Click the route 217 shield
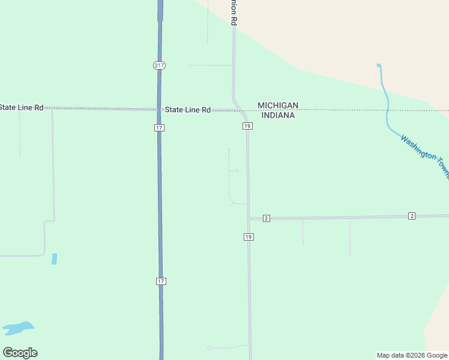pyautogui.click(x=158, y=65)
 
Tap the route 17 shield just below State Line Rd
pyautogui.click(x=158, y=128)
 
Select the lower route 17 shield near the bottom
pyautogui.click(x=160, y=281)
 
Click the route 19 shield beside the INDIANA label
pyautogui.click(x=247, y=126)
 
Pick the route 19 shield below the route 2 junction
pyautogui.click(x=249, y=237)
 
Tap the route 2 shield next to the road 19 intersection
pyautogui.click(x=266, y=218)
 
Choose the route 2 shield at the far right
pyautogui.click(x=411, y=215)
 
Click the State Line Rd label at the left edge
pyautogui.click(x=22, y=107)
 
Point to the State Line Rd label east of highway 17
pyautogui.click(x=188, y=110)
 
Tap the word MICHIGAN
pyautogui.click(x=278, y=106)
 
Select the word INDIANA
pyautogui.click(x=276, y=115)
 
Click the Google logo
pyautogui.click(x=20, y=353)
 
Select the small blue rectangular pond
pyautogui.click(x=55, y=259)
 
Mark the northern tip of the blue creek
pyautogui.click(x=378, y=65)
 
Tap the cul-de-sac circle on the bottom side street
pyautogui.click(x=209, y=348)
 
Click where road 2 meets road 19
pyautogui.click(x=249, y=218)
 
